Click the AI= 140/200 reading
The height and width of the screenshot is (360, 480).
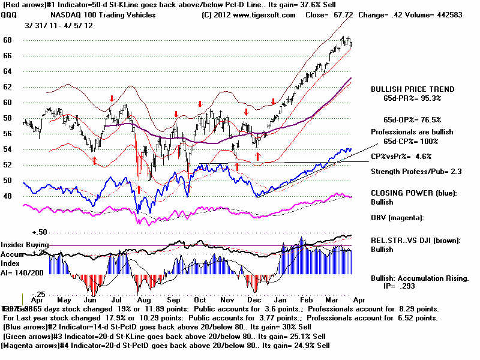[x=18, y=271]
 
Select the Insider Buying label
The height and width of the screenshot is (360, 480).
[x=25, y=245]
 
